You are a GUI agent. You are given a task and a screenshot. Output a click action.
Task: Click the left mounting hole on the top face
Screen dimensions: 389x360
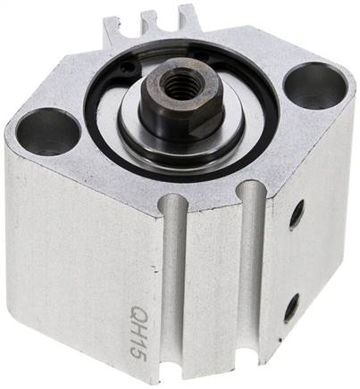(x=47, y=130)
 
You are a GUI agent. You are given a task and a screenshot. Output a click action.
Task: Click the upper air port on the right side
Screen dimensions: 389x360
(x=297, y=212)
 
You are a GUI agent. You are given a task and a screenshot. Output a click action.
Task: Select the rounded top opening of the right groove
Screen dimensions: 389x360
(x=253, y=191)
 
